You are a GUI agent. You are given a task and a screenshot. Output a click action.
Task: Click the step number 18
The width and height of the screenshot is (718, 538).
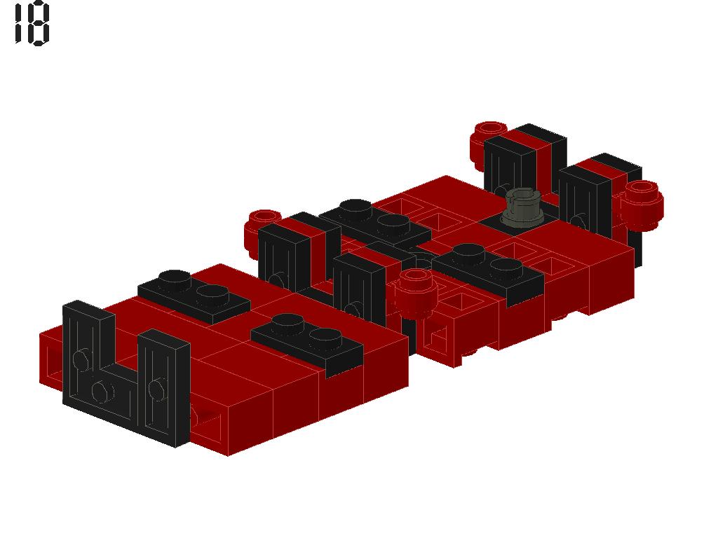click(32, 23)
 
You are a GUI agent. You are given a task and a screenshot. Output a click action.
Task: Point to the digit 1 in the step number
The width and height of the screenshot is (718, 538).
click(19, 23)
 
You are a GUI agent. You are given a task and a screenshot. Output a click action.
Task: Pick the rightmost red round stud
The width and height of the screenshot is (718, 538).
click(642, 205)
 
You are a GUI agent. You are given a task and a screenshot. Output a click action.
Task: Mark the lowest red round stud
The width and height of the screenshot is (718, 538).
click(414, 292)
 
